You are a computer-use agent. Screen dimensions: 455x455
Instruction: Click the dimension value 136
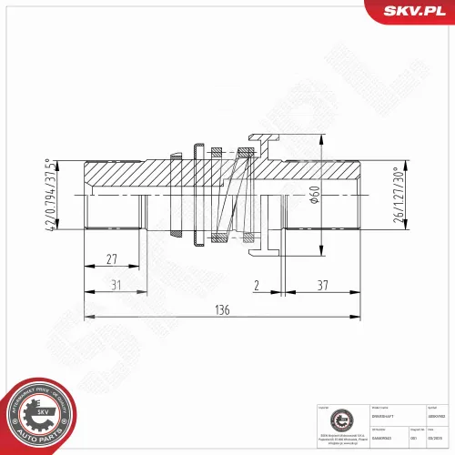coord(222,309)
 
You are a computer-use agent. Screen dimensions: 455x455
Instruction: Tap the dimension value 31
coord(115,285)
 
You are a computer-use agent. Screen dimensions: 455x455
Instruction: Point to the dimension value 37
coord(323,285)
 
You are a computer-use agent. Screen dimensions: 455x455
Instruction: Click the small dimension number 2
coord(257,285)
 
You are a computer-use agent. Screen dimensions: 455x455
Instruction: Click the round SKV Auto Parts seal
coord(40,414)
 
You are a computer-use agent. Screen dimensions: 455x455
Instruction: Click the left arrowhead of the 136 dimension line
coord(87,318)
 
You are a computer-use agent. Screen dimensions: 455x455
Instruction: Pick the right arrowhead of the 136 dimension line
coord(360,318)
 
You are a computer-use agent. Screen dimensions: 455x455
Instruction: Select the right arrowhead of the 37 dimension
coord(360,292)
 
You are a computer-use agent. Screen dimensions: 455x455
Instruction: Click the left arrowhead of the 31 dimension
coord(87,292)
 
